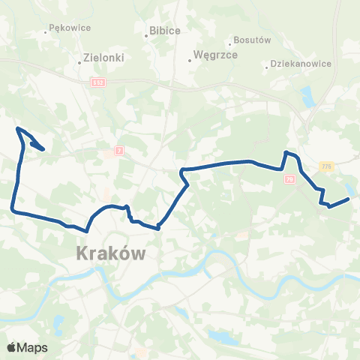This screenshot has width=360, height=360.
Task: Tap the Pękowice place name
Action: pos(69,28)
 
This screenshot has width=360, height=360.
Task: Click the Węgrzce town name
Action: pos(216,55)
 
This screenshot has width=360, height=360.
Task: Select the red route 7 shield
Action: pos(118,151)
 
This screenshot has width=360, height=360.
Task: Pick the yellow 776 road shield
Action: pos(325,165)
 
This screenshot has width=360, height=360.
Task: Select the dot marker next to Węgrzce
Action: pos(190,61)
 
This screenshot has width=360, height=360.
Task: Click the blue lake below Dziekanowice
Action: pos(306,95)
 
